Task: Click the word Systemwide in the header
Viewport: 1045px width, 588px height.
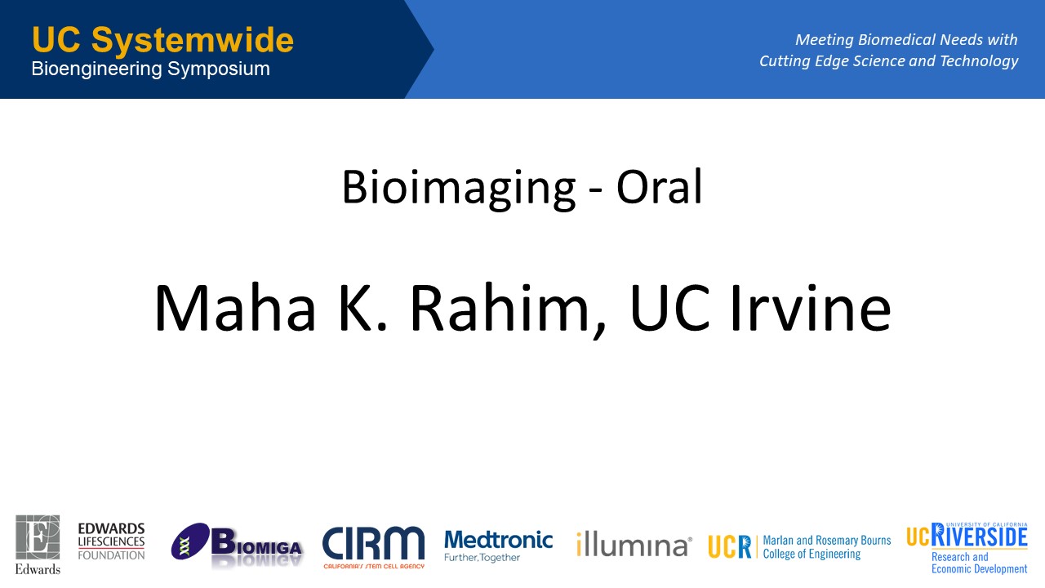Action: click(192, 41)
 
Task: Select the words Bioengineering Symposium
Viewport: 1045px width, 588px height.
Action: click(151, 69)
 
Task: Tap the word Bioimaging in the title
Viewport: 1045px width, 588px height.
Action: click(459, 189)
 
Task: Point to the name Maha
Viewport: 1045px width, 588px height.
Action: click(235, 308)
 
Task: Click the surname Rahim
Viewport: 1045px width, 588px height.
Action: click(500, 308)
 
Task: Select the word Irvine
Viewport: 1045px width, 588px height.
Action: click(811, 308)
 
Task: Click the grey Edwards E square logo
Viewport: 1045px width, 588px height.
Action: click(38, 537)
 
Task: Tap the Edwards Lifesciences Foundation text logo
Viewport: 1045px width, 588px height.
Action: click(111, 541)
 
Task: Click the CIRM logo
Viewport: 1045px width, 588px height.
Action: click(373, 547)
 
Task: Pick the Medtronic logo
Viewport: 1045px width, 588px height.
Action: click(498, 546)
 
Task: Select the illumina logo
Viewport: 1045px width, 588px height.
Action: click(634, 544)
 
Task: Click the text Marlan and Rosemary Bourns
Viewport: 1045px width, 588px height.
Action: click(827, 541)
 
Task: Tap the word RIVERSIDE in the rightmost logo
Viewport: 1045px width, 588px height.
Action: click(979, 536)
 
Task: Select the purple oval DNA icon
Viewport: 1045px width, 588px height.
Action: click(190, 541)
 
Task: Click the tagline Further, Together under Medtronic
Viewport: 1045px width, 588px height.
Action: click(482, 557)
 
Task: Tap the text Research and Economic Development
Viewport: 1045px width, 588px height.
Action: click(979, 563)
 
